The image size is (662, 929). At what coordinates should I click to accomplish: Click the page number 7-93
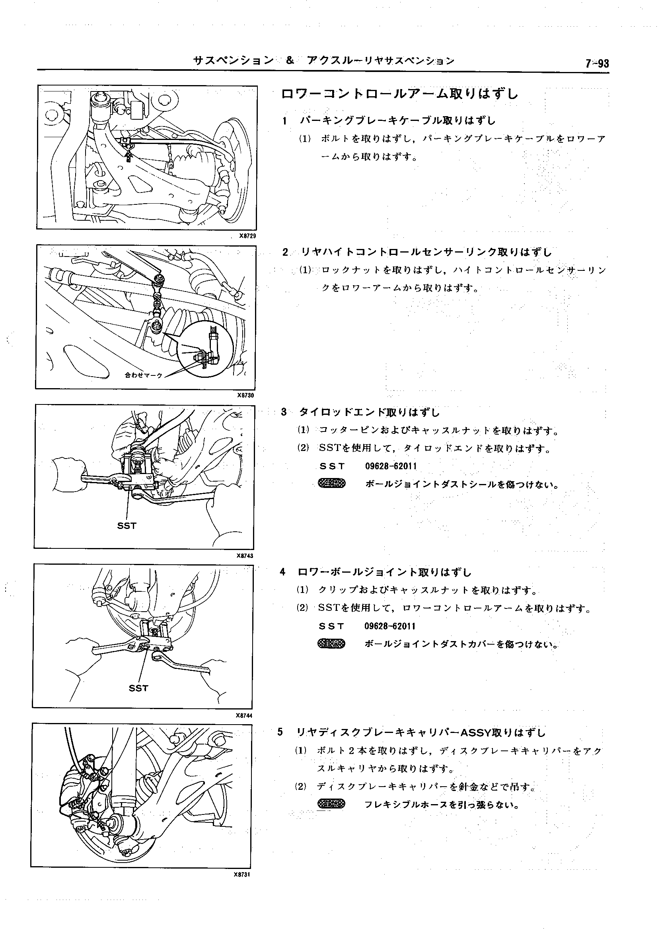tap(597, 64)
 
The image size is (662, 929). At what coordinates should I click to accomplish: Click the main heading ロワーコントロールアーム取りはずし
tap(399, 94)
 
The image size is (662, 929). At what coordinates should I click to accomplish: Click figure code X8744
tap(244, 715)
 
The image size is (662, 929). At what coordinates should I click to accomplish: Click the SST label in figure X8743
tap(127, 526)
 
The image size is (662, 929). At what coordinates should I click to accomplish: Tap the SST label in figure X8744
tap(138, 688)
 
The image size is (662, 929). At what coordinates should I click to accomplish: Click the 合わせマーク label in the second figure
tap(144, 375)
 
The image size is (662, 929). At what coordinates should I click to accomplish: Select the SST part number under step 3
tap(391, 466)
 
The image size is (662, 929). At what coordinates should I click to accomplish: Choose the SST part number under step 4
tap(390, 626)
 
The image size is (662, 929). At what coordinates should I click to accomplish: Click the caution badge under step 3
tap(331, 484)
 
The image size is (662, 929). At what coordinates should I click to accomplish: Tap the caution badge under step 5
tap(331, 804)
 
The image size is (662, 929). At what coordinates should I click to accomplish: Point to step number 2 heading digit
tap(285, 252)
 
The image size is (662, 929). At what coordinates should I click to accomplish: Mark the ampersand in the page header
tap(290, 61)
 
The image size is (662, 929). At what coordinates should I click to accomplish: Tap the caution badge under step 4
tap(331, 644)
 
